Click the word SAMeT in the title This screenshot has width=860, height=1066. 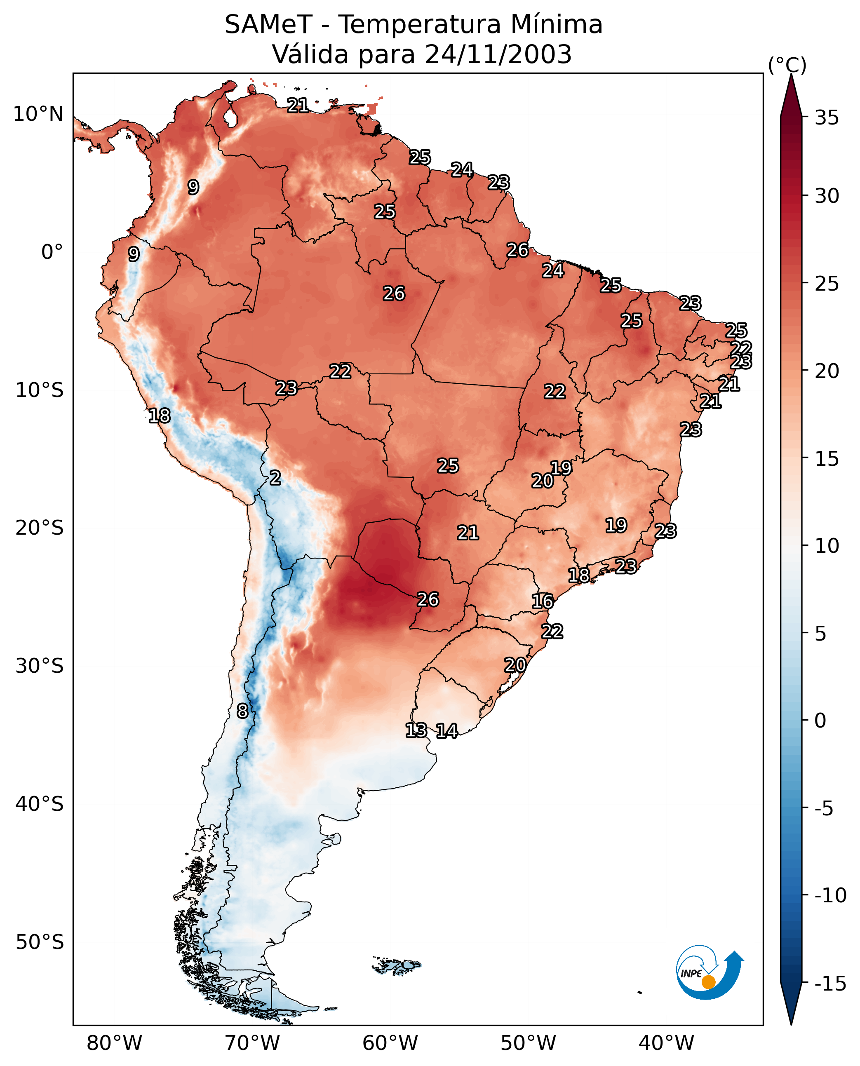pyautogui.click(x=268, y=25)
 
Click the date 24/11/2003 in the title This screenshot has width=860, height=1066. pyautogui.click(x=498, y=54)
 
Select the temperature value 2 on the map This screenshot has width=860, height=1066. pyautogui.click(x=275, y=478)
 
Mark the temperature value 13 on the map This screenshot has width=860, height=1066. pyautogui.click(x=416, y=730)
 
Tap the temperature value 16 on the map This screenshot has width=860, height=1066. pyautogui.click(x=543, y=601)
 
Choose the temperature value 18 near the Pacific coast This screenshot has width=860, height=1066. pyautogui.click(x=160, y=416)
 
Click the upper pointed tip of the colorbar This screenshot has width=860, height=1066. pyautogui.click(x=791, y=74)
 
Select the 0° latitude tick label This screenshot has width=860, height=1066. pyautogui.click(x=52, y=252)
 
